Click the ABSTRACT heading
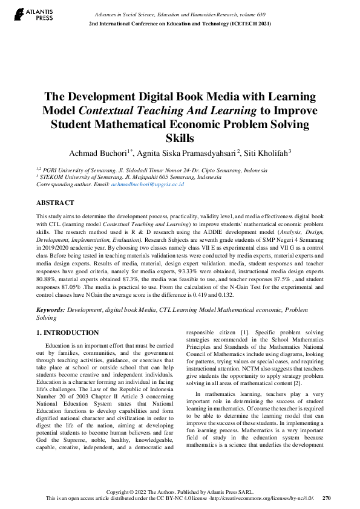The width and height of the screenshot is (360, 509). [x=55, y=203]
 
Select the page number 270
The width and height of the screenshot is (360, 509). [x=327, y=498]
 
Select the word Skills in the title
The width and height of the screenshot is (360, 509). [x=180, y=138]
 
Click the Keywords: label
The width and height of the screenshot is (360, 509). [x=51, y=309]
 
